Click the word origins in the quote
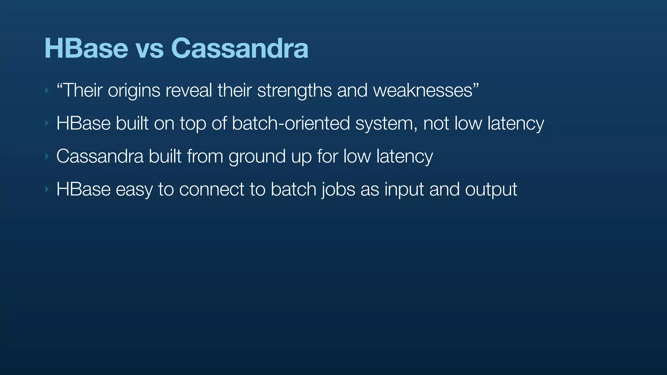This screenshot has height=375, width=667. point(134,90)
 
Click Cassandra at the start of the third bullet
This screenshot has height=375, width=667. point(100,156)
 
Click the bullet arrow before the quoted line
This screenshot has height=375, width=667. point(47,90)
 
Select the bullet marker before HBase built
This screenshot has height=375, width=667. point(47,123)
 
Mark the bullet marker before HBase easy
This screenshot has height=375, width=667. point(47,189)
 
